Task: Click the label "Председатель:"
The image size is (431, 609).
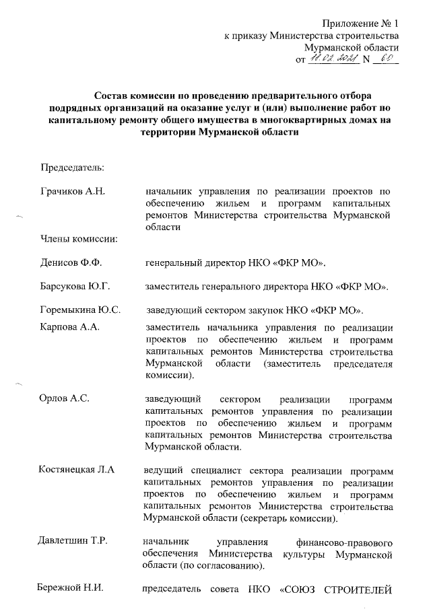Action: tap(71, 166)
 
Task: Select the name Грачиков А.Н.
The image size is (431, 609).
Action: tap(71, 192)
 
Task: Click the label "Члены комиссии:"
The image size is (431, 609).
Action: tap(78, 238)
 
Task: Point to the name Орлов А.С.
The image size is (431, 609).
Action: tap(65, 398)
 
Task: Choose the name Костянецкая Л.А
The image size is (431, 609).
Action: tap(77, 469)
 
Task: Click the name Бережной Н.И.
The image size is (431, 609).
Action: tap(71, 590)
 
